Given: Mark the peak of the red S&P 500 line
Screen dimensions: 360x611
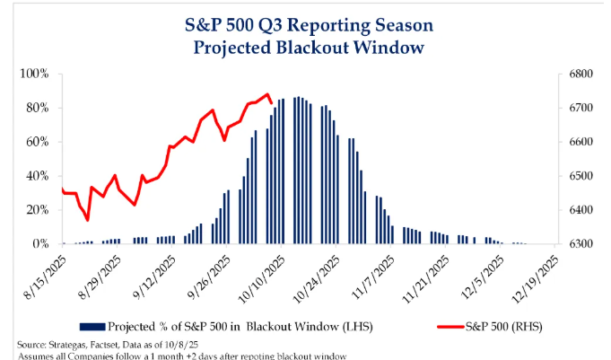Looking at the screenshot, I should coord(267,94).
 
